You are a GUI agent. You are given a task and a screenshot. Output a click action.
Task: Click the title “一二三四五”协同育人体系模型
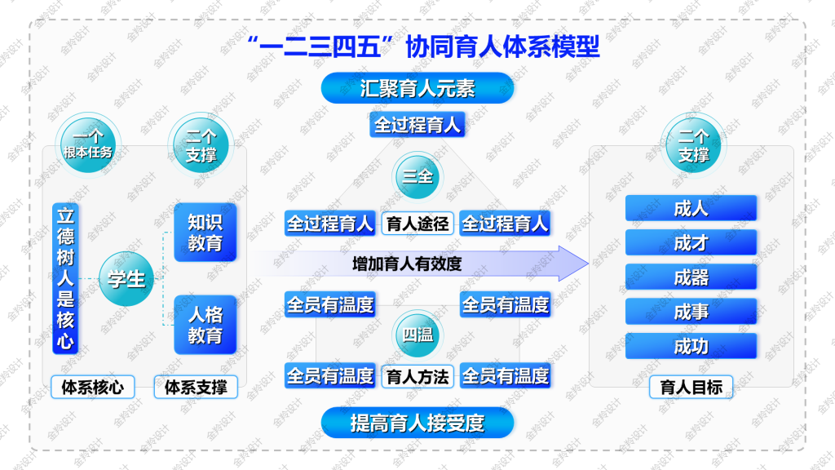(x=424, y=47)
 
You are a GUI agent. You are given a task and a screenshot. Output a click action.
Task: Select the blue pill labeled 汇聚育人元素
(x=417, y=88)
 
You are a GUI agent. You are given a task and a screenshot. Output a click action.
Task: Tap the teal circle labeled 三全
(x=417, y=176)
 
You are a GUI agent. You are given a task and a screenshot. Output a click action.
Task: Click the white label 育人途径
(x=417, y=224)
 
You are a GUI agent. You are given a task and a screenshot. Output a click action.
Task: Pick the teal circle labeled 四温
(x=417, y=335)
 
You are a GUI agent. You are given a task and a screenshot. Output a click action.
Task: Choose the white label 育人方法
(x=417, y=377)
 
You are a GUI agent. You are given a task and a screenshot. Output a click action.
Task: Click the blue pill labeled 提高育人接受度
(x=417, y=423)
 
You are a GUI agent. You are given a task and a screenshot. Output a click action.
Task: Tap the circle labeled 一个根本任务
(x=88, y=145)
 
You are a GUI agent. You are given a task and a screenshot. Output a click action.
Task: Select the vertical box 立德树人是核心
(x=65, y=278)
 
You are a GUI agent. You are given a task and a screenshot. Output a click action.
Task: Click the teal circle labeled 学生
(x=126, y=279)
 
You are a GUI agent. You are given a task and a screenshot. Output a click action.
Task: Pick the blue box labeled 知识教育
(x=205, y=233)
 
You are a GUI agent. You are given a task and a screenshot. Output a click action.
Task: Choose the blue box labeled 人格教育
(x=205, y=325)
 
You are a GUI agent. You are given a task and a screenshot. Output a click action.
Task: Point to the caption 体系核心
(x=93, y=387)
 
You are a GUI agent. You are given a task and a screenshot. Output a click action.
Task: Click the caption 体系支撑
(x=196, y=387)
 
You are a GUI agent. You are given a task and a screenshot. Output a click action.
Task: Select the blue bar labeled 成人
(x=691, y=208)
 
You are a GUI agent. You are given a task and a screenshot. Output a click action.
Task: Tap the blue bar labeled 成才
(x=691, y=242)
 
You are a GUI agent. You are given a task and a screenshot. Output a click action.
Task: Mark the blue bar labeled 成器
(x=691, y=277)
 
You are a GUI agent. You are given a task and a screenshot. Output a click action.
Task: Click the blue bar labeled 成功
(x=691, y=346)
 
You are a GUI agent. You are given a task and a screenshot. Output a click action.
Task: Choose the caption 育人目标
(x=691, y=387)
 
